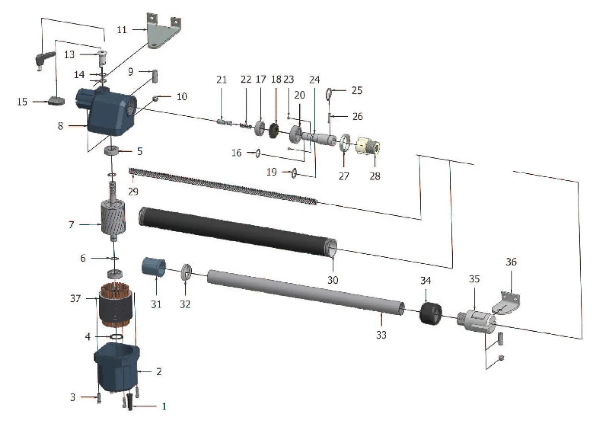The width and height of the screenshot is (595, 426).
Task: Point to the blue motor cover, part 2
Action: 117,367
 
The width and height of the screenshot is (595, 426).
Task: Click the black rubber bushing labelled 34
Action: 431,313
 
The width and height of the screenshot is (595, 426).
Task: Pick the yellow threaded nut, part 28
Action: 368,146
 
